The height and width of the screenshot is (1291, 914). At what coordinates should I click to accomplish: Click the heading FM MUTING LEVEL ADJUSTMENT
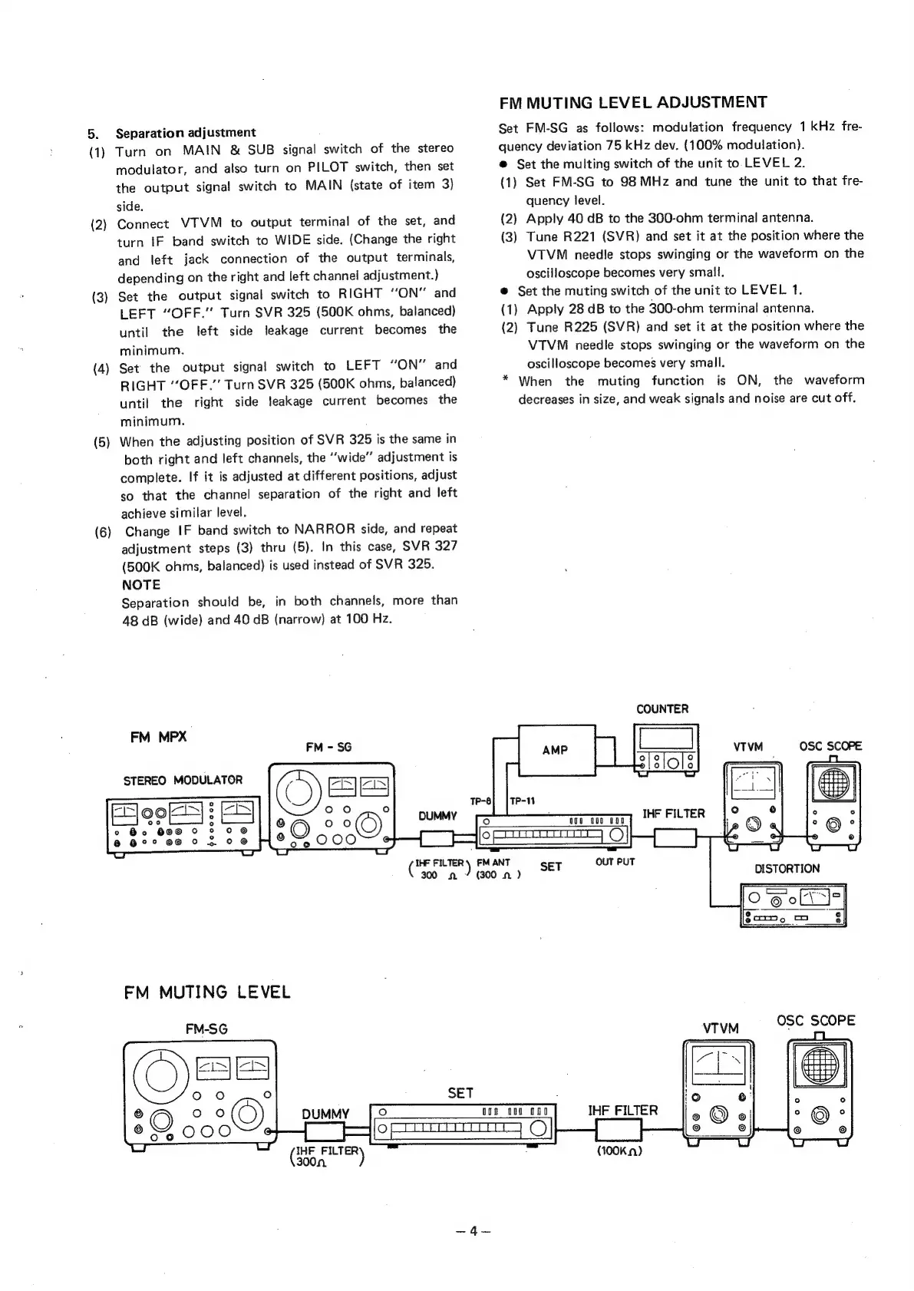[x=632, y=103]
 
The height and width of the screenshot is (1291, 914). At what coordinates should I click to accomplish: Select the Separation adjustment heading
[x=185, y=132]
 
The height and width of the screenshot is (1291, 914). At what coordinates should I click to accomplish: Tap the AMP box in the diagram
[x=554, y=750]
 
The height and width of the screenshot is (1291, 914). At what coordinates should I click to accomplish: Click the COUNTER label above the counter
[x=662, y=708]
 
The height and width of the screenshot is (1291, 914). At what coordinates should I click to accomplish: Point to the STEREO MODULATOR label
[x=183, y=780]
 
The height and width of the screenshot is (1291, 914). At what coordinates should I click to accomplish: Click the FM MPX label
[x=158, y=737]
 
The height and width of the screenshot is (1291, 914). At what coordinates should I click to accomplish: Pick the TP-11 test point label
[x=522, y=800]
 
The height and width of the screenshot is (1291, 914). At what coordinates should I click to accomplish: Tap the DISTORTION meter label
[x=787, y=868]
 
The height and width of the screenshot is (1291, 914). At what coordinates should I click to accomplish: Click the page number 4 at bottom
[x=473, y=1230]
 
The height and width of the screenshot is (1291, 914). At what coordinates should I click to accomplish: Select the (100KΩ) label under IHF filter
[x=619, y=1151]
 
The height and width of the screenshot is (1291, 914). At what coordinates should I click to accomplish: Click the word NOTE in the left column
[x=141, y=584]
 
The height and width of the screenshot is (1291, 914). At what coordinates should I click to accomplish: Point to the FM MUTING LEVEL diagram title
[x=207, y=992]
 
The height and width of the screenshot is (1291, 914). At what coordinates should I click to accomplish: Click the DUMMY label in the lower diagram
[x=325, y=1114]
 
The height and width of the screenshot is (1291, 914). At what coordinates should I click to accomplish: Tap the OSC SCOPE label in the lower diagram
[x=816, y=1020]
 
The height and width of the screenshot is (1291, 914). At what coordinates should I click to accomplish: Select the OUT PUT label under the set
[x=615, y=862]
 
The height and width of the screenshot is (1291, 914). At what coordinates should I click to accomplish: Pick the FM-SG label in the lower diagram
[x=206, y=1029]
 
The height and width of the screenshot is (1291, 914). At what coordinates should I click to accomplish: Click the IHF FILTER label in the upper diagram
[x=673, y=813]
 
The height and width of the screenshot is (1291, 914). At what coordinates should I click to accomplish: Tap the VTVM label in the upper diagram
[x=748, y=746]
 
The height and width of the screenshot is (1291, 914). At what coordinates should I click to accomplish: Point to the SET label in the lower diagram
[x=460, y=1092]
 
